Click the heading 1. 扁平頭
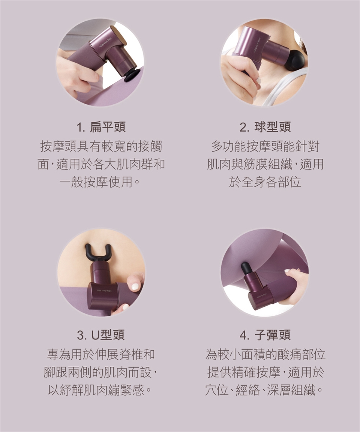101,127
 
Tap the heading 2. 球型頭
265,127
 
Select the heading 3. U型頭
101,335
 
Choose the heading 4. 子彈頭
265,335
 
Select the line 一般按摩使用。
100,182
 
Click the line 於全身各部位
265,182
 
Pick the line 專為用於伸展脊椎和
101,354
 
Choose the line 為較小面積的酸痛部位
265,354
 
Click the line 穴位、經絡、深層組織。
264,390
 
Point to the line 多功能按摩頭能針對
265,146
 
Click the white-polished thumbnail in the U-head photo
135,286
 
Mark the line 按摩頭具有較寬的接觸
101,146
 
